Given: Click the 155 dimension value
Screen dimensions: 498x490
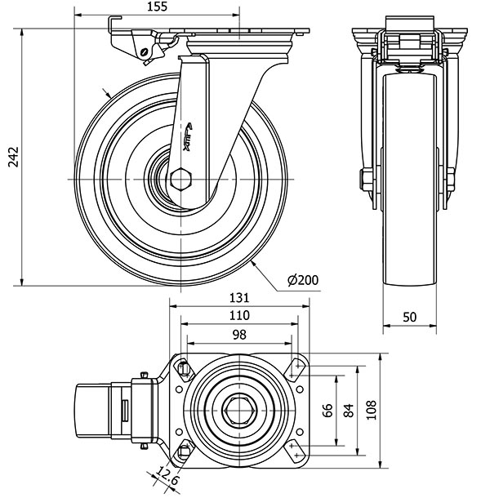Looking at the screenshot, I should [158, 7].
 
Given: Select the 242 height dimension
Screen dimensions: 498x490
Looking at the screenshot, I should [11, 158].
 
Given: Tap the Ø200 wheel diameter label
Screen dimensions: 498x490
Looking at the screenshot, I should [301, 280].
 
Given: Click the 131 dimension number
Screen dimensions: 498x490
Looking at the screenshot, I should [238, 298].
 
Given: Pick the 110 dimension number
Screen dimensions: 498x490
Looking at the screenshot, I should [238, 315].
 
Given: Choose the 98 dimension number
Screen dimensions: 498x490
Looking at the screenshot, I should [238, 334].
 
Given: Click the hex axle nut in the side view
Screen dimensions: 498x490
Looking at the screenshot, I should [181, 178].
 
